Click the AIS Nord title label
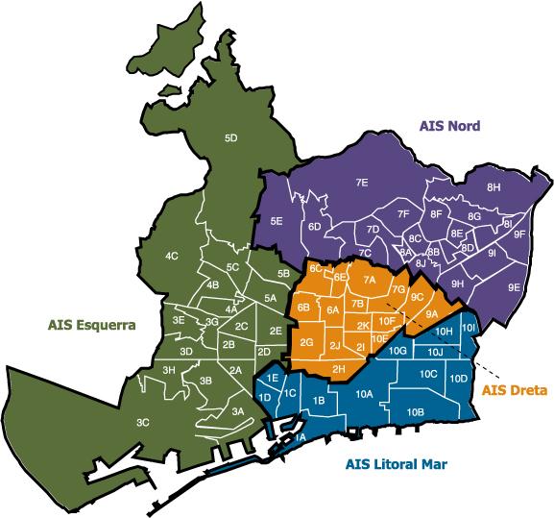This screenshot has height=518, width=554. click(449, 126)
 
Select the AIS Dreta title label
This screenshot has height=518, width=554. click(514, 390)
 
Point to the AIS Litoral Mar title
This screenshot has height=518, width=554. click(396, 465)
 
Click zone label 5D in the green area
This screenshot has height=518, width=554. click(230, 138)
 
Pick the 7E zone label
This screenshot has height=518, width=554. click(362, 182)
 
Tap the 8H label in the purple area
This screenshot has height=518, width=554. click(494, 186)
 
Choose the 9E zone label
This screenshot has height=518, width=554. click(515, 287)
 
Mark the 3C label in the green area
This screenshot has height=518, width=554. click(142, 423)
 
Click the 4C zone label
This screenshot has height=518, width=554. click(172, 257)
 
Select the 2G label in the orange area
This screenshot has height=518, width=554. click(306, 342)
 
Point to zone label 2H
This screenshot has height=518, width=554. click(338, 369)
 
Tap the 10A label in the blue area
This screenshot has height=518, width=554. click(364, 394)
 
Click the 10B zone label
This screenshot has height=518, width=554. click(416, 411)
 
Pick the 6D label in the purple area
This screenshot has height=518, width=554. click(314, 227)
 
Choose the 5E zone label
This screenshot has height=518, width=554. click(276, 222)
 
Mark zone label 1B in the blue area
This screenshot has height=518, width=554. click(318, 400)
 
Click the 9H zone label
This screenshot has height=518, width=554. click(458, 284)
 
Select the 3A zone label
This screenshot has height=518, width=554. click(238, 411)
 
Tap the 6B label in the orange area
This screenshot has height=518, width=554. click(303, 308)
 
